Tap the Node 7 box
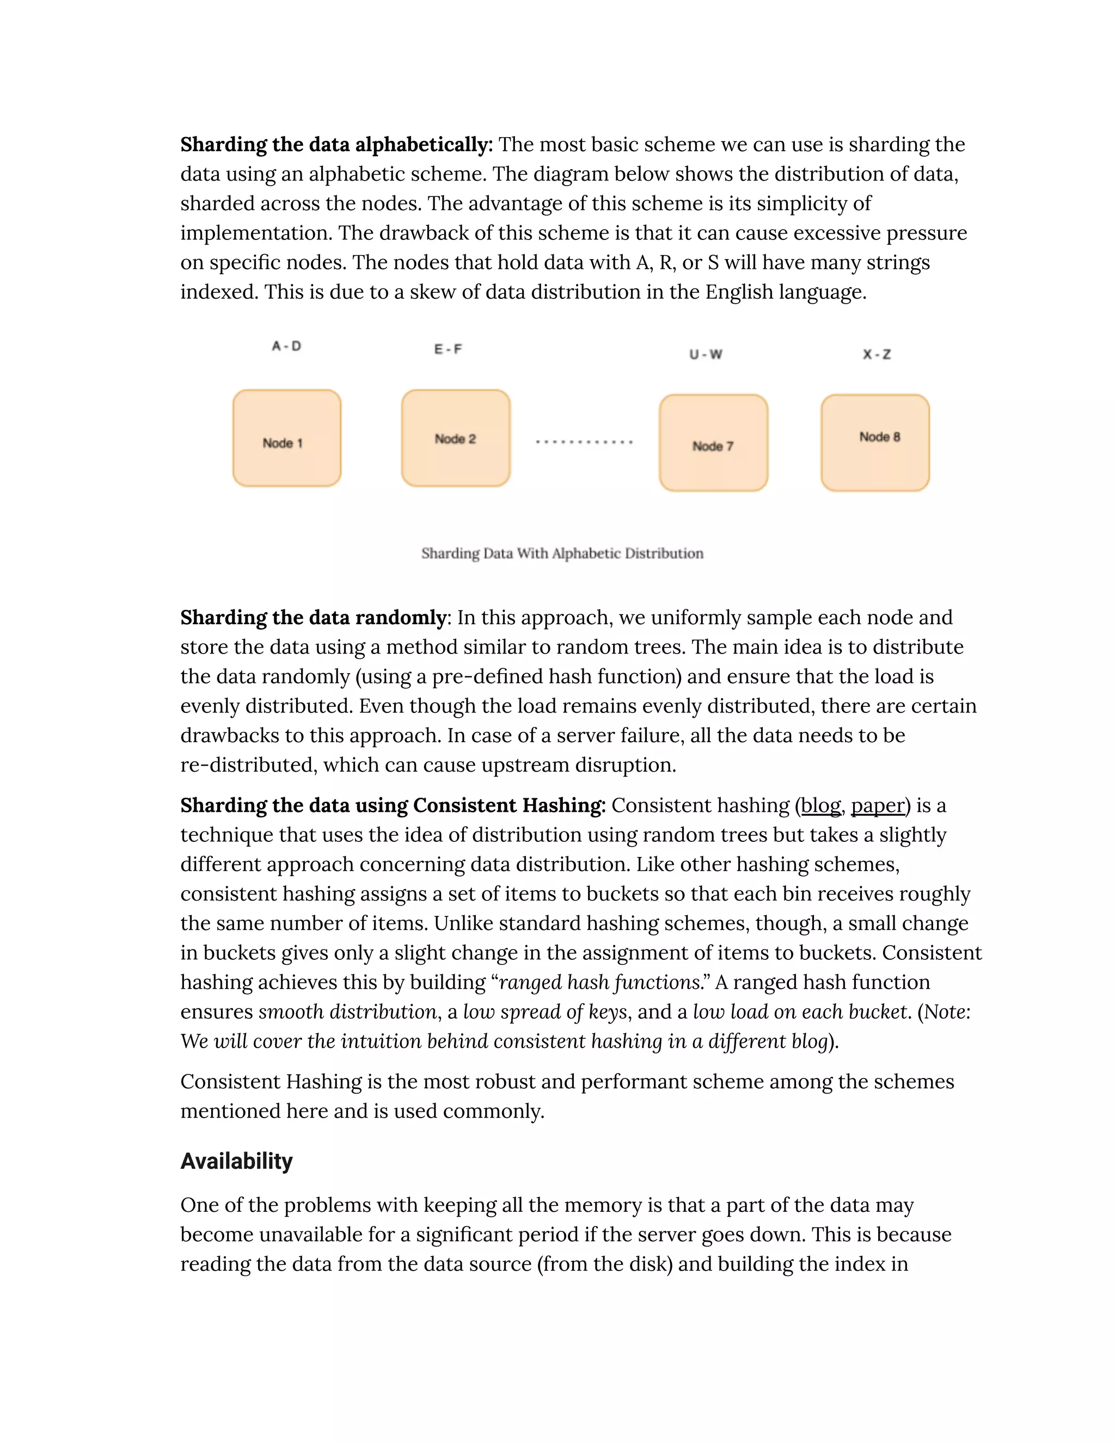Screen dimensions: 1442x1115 tap(713, 443)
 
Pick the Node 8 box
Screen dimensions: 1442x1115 tap(875, 443)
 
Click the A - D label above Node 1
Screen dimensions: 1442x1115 tap(287, 346)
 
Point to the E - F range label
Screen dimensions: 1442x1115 tap(448, 349)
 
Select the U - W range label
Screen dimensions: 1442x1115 tap(706, 355)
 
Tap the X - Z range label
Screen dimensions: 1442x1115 tap(877, 355)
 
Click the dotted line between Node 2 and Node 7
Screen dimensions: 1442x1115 tap(584, 442)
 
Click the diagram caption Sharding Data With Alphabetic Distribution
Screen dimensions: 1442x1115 tap(562, 553)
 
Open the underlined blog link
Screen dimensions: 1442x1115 tap(820, 805)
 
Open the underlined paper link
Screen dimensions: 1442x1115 tap(877, 805)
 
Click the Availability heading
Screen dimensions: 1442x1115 tap(236, 1161)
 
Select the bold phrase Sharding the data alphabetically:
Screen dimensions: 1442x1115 tap(336, 145)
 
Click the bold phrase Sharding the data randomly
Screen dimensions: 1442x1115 tap(314, 618)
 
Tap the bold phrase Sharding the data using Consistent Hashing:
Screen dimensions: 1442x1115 tap(393, 805)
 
